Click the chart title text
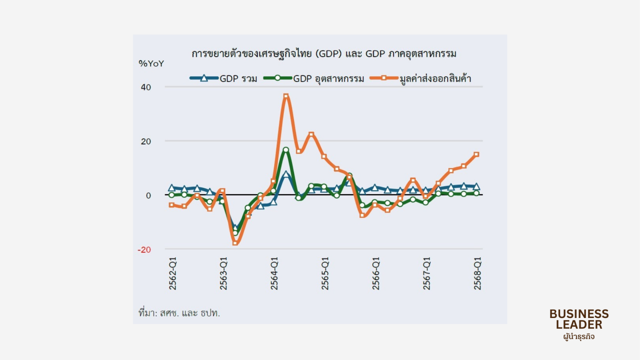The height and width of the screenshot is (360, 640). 324,54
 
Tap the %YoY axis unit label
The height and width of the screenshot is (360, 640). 151,64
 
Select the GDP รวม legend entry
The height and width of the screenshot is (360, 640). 224,78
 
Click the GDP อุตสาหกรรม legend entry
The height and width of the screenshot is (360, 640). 314,78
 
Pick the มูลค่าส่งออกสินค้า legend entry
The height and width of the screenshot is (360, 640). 421,78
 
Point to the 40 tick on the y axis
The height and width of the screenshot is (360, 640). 146,87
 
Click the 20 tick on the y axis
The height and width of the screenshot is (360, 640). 146,142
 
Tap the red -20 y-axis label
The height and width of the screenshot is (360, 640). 144,250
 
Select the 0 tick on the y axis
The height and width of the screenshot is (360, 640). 148,196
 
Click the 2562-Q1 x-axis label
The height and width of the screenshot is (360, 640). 172,274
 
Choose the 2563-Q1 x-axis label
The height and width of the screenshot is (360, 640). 223,274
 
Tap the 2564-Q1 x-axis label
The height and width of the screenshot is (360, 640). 274,274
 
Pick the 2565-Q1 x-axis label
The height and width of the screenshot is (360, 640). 325,274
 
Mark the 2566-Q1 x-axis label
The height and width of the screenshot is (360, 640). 376,274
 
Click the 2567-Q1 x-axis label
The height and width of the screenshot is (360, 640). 426,274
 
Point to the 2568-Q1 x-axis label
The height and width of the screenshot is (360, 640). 477,274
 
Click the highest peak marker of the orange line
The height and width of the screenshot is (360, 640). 286,96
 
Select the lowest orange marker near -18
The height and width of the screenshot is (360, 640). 235,243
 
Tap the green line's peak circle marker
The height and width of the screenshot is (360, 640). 286,150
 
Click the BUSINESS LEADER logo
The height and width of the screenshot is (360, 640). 579,324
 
